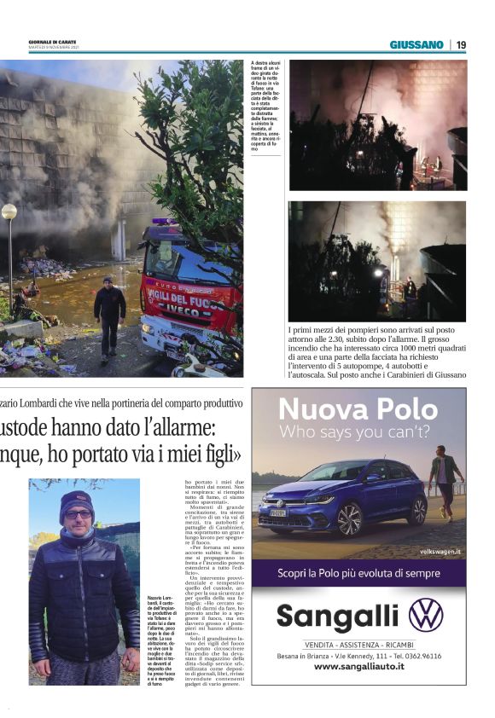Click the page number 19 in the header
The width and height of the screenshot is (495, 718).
coord(461,44)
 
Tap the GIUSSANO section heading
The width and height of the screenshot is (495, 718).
coord(416,44)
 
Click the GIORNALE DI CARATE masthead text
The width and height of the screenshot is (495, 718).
coord(53,42)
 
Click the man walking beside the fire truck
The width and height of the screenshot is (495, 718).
coord(109,315)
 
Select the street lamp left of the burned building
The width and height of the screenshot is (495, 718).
coord(9,213)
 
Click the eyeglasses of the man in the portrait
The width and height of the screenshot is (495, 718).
coord(78,514)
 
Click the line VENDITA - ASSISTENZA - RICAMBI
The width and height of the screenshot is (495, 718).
coord(358,643)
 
